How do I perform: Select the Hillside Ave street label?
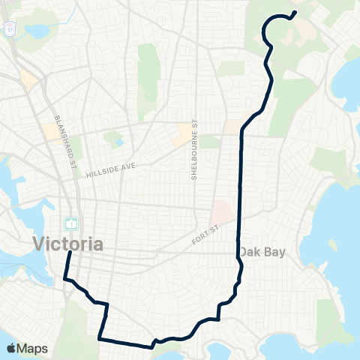[x=110, y=169]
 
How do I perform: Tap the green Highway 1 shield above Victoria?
[x=70, y=223]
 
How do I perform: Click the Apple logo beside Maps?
[x=11, y=348]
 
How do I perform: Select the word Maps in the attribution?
[x=33, y=348]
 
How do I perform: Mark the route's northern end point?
[x=294, y=12]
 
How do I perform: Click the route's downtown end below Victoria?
[x=70, y=253]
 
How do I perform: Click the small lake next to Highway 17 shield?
[x=35, y=31]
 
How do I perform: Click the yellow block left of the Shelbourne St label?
[x=182, y=134]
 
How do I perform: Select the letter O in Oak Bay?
[x=244, y=253]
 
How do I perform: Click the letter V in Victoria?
[x=39, y=244]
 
